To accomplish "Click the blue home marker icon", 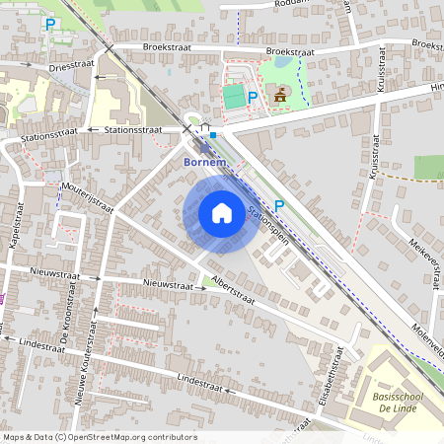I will (222, 213).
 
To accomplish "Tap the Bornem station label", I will (206, 161).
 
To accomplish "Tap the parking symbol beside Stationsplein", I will (279, 205).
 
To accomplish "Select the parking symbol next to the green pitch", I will (253, 97).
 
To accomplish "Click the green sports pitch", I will (233, 97).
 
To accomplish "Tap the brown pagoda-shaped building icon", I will (281, 95).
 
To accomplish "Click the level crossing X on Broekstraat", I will (111, 46).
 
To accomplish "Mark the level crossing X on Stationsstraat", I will (185, 128).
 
